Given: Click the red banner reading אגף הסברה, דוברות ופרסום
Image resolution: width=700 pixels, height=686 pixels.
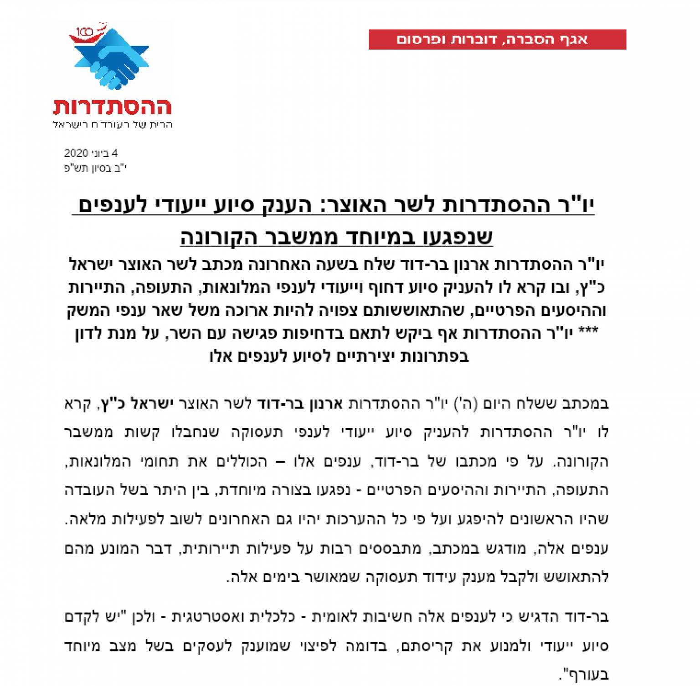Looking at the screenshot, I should tap(497, 40).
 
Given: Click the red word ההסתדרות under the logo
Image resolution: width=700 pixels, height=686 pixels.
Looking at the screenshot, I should tap(113, 107).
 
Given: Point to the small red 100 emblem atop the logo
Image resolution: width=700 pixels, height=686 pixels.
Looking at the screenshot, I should tap(86, 32).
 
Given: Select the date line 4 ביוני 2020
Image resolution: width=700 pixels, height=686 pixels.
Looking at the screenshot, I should tap(91, 153).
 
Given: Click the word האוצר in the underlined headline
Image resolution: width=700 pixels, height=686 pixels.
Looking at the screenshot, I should tap(350, 205).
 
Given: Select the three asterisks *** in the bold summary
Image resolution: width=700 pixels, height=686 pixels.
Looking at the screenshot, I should tap(588, 331).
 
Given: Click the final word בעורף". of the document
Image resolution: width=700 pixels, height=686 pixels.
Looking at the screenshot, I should tap(584, 675).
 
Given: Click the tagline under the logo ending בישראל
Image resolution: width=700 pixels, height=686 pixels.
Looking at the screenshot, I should tap(113, 124).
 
